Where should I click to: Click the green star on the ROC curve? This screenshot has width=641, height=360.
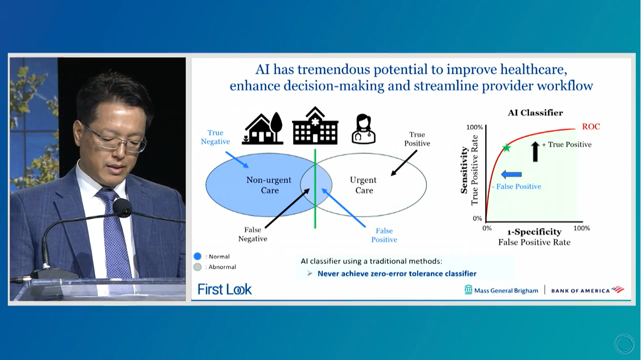pyautogui.click(x=506, y=148)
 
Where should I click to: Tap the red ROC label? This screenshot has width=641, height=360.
pyautogui.click(x=591, y=127)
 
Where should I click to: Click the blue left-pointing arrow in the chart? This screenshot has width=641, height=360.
pyautogui.click(x=511, y=174)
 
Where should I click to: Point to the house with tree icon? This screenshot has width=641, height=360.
pyautogui.click(x=263, y=129)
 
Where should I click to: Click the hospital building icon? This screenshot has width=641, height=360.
pyautogui.click(x=315, y=126)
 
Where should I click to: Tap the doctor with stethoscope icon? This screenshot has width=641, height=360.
pyautogui.click(x=364, y=129)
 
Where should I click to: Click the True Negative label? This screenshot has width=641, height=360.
pyautogui.click(x=215, y=137)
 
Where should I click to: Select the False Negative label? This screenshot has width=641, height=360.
pyautogui.click(x=253, y=234)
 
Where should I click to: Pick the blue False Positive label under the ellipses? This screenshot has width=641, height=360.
pyautogui.click(x=384, y=235)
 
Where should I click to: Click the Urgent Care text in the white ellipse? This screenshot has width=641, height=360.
pyautogui.click(x=364, y=185)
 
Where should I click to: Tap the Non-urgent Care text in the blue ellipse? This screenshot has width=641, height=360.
pyautogui.click(x=269, y=185)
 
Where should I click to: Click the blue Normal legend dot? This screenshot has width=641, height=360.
pyautogui.click(x=197, y=256)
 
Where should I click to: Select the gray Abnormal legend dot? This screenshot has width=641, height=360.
pyautogui.click(x=197, y=267)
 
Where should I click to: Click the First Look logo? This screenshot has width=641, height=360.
pyautogui.click(x=225, y=289)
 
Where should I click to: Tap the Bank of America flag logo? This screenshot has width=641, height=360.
pyautogui.click(x=617, y=289)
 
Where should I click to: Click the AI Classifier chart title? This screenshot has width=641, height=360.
pyautogui.click(x=535, y=113)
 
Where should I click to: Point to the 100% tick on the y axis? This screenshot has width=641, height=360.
pyautogui.click(x=474, y=127)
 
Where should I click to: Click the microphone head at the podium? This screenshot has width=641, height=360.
pyautogui.click(x=122, y=207)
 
